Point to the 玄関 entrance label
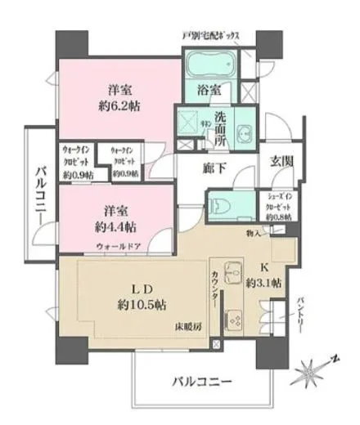point(281,161)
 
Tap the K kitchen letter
point(265,268)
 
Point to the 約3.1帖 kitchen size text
point(264,283)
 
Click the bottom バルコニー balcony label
point(201,381)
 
